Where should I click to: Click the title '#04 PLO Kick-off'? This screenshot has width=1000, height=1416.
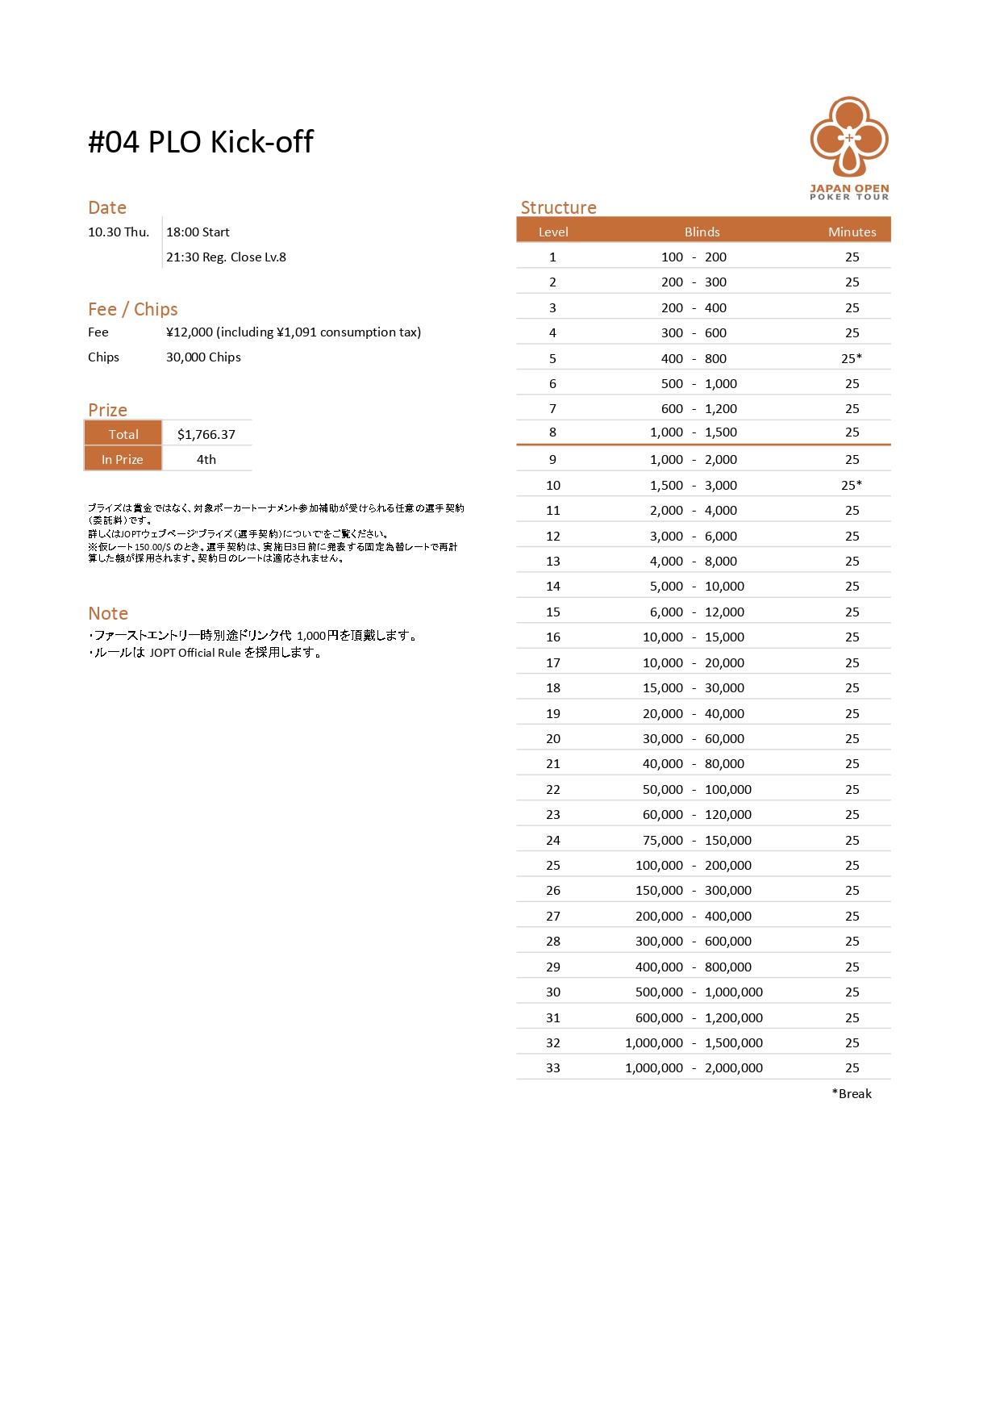(200, 142)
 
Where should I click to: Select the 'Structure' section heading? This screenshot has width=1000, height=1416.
(558, 207)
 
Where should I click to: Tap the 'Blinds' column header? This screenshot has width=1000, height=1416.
(702, 232)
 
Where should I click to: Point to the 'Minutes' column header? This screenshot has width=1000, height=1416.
(852, 232)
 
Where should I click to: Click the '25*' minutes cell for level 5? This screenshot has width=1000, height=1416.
(852, 358)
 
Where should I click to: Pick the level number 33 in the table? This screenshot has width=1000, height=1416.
(553, 1067)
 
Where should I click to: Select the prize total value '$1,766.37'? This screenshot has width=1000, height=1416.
(206, 434)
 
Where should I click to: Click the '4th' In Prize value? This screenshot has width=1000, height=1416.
(206, 459)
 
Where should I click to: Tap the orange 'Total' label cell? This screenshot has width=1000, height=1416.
(123, 434)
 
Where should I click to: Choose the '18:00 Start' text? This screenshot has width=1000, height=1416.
(198, 232)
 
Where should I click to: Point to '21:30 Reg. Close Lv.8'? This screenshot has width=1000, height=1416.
(226, 257)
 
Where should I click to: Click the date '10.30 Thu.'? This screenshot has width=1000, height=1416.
(119, 232)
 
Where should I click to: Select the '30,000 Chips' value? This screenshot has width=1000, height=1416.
(203, 357)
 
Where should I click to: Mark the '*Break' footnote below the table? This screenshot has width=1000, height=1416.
(852, 1093)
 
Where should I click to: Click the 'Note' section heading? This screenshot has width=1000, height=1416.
(108, 613)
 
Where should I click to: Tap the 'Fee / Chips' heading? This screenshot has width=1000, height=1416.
(133, 309)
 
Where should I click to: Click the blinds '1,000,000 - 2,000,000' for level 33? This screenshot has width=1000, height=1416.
(694, 1067)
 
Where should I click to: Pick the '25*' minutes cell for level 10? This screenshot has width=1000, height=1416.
(852, 485)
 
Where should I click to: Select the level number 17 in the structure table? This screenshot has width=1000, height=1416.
(553, 662)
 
